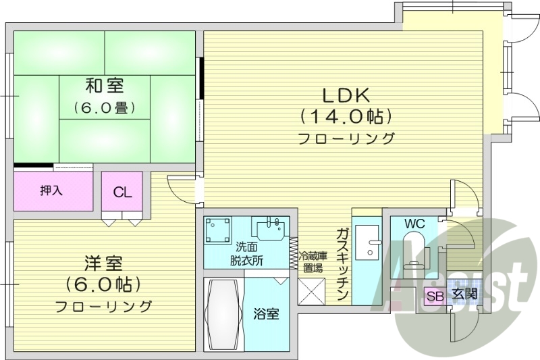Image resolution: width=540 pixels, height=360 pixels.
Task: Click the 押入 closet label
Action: tap(51, 190)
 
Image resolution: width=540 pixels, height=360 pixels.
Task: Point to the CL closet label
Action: tap(122, 192)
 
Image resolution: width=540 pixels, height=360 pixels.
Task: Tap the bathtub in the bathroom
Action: tap(223, 313)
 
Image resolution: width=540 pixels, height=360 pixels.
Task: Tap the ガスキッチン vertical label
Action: tap(342, 264)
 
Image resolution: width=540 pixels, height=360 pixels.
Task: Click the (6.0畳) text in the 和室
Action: tap(105, 107)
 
